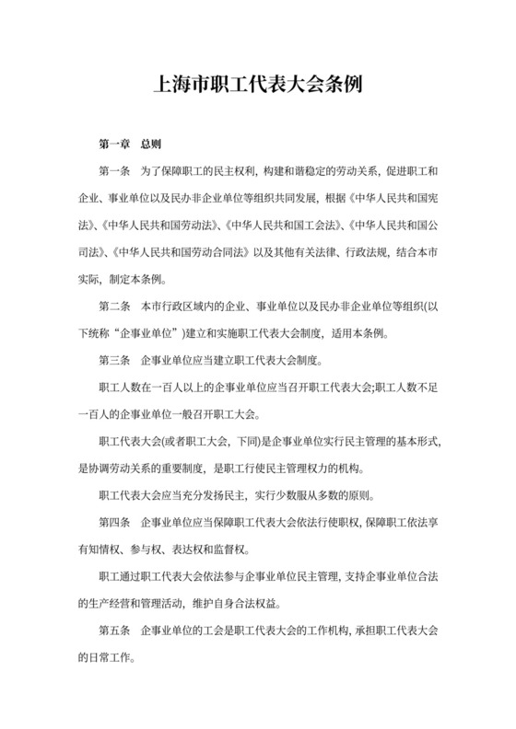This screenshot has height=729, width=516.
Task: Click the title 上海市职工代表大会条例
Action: (258, 86)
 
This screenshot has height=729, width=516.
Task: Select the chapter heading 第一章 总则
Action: (130, 145)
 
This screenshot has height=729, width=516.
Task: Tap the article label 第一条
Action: (115, 172)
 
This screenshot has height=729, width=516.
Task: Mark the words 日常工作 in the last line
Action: (114, 659)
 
